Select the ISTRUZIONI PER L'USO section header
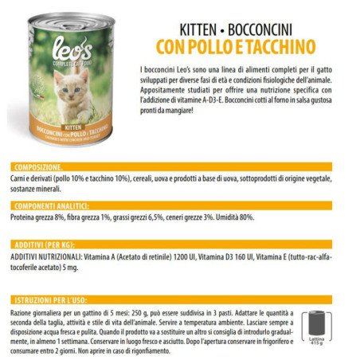coord(51,299)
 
